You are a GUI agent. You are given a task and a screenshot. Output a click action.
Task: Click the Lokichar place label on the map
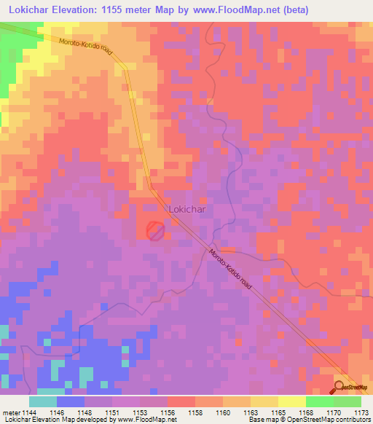coord(189,208)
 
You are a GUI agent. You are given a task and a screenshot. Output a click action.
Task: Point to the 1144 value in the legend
coord(28,412)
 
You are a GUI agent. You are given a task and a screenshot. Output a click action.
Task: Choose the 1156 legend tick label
coord(167,412)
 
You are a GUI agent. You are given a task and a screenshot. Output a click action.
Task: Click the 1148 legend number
coord(84,412)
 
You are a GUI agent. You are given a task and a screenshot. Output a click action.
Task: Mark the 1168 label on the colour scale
coord(305,412)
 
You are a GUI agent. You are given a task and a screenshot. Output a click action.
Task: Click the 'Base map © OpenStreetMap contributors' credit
coord(310,420)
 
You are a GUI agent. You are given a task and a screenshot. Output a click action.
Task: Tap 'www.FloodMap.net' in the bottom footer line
coord(146,420)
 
